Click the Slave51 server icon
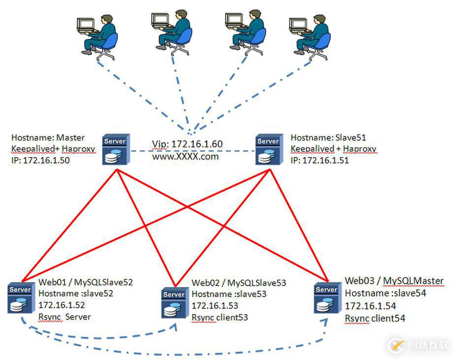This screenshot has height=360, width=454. point(268,150)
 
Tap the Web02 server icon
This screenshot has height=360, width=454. point(174,303)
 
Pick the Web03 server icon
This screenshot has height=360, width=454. point(326,298)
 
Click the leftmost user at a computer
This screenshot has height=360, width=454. point(98,36)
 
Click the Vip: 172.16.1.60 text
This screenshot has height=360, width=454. point(187,144)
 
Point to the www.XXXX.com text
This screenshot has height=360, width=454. point(185,157)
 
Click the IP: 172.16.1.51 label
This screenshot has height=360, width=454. point(320,160)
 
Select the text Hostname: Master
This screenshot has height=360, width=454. point(48,138)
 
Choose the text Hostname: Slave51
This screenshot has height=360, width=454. point(328,138)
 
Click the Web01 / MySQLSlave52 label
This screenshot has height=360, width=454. point(85,283)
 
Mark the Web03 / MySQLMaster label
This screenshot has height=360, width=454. point(394,281)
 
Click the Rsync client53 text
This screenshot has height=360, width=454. point(220,318)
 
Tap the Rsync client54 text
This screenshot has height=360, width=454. point(375,318)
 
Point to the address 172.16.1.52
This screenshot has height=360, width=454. point(62,305)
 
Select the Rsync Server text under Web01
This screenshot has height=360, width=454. point(65,317)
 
